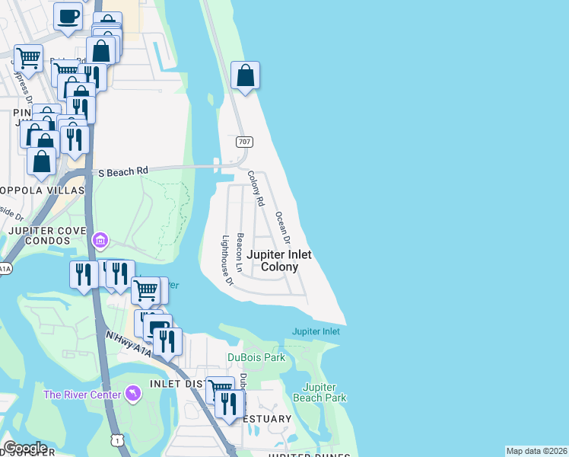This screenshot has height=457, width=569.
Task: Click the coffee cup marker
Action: (68, 17)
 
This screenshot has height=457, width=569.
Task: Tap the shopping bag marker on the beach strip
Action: (245, 75)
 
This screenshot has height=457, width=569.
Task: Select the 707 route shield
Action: (244, 142)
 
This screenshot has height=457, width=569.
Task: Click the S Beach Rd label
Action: (122, 172)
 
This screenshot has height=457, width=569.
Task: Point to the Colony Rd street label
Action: (255, 189)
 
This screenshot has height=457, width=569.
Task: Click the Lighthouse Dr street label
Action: (226, 260)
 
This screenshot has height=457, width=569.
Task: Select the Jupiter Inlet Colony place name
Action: (280, 261)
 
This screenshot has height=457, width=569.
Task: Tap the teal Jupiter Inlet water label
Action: (316, 331)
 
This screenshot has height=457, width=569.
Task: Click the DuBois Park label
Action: (256, 357)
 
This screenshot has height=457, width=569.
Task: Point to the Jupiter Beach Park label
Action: (325, 392)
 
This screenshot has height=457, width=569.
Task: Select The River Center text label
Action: (82, 394)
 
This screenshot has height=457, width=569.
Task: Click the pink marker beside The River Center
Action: (133, 393)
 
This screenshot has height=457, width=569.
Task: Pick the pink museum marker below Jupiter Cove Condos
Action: (100, 241)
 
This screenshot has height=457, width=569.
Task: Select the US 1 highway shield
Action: (117, 439)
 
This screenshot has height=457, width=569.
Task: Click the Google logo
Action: (25, 448)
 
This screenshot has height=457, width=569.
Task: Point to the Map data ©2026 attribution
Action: (536, 451)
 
